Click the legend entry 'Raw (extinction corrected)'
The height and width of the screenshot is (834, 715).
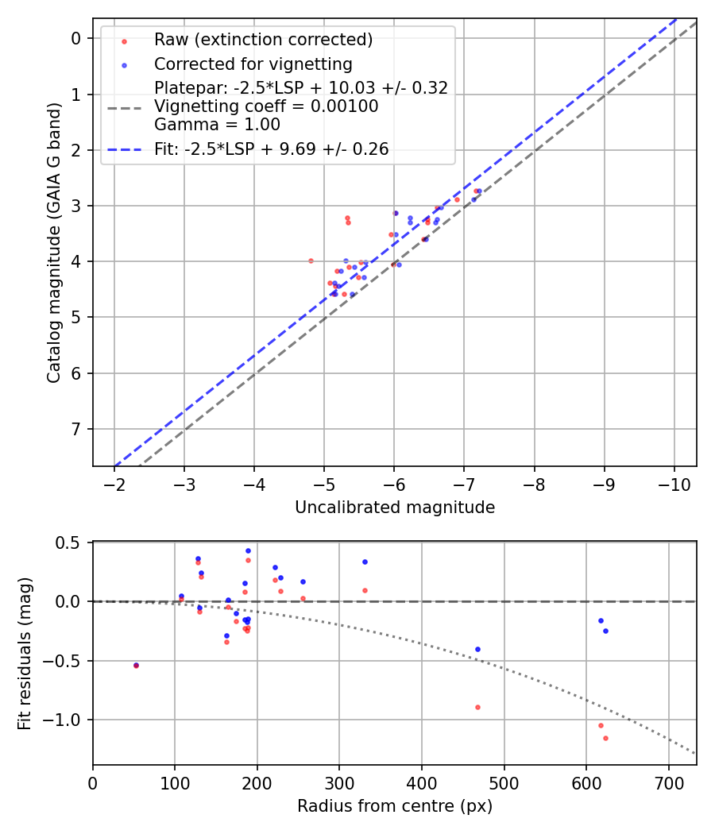coord(263,40)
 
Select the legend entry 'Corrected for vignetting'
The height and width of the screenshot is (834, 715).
coord(253,64)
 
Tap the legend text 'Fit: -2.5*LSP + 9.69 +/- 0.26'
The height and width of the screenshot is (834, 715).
coord(271,149)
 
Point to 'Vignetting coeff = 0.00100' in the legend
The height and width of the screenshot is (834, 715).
coord(266,106)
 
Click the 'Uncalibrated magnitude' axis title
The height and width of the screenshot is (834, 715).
coord(395,508)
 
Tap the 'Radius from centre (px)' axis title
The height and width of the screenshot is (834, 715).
coord(395,806)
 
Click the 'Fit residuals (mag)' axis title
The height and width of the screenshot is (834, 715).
coord(25,653)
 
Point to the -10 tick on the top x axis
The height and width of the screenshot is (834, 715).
coord(674,483)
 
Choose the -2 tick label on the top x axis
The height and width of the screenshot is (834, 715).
coord(114,483)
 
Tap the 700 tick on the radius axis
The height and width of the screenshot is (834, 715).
coord(668,782)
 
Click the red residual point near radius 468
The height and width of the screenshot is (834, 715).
coord(477,707)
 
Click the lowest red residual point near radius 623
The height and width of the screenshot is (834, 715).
coord(605,738)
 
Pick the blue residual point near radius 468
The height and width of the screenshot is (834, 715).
coord(477,649)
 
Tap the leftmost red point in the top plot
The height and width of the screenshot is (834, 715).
coord(311,261)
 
